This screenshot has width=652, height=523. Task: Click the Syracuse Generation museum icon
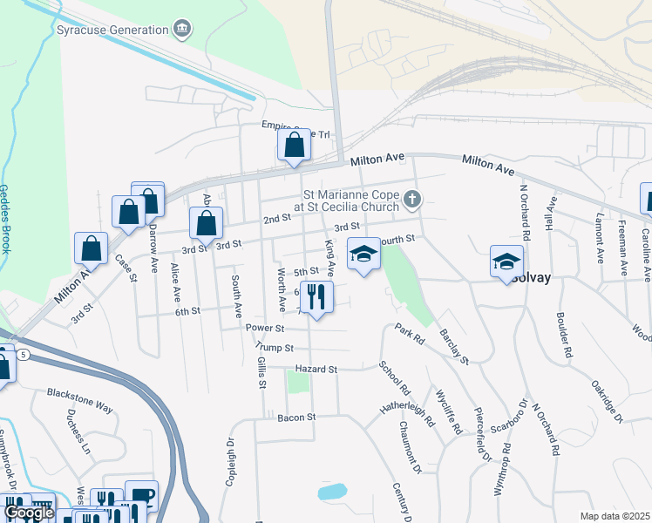pos(182,30)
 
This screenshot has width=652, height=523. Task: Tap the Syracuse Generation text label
pos(112,30)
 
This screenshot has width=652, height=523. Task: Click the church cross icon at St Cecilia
pos(413,201)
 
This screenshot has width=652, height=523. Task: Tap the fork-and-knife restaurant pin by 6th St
pos(316,297)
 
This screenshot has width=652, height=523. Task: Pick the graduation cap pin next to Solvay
pos(506,262)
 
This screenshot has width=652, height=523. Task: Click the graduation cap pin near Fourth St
pos(364,255)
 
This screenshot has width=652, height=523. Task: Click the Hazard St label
pos(316,370)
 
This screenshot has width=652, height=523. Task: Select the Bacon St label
pos(295,418)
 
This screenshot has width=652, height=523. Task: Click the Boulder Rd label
pos(567,336)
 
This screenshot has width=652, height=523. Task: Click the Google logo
pos(28,513)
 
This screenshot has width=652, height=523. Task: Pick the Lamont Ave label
pos(601,238)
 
